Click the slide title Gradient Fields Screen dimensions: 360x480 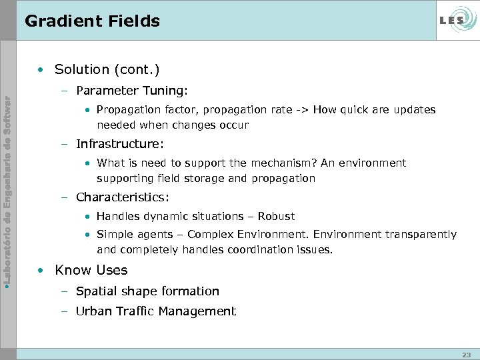tap(92, 21)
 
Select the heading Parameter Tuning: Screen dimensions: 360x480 tap(133, 90)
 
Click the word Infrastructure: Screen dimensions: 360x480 tap(119, 143)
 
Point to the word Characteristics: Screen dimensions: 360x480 tap(123, 197)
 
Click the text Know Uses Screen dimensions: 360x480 tap(91, 270)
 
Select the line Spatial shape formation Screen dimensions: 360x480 tap(147, 291)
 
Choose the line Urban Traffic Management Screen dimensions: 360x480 tap(156, 311)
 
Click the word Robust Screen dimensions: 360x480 tap(276, 216)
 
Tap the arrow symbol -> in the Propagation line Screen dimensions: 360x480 tap(302, 109)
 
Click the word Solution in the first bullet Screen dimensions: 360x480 tap(81, 69)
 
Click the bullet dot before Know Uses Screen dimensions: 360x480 tap(41, 271)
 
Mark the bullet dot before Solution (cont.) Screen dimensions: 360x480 tap(41, 69)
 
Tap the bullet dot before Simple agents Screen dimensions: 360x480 tap(89, 235)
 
